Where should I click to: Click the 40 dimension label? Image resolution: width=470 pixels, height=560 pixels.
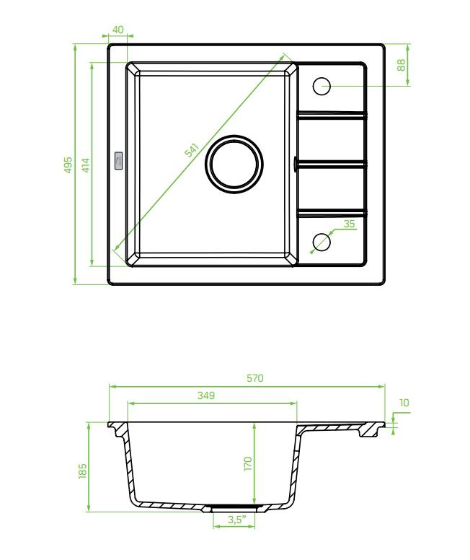pyautogui.click(x=117, y=29)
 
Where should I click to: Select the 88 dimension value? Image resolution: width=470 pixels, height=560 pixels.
pyautogui.click(x=402, y=65)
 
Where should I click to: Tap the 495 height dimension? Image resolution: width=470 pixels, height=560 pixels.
pyautogui.click(x=68, y=165)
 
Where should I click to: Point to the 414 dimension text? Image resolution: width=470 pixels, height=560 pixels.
pyautogui.click(x=86, y=165)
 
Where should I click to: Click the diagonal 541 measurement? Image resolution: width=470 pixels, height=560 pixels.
pyautogui.click(x=191, y=150)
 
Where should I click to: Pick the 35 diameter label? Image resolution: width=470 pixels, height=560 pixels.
pyautogui.click(x=349, y=224)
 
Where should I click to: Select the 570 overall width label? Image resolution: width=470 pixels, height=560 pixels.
pyautogui.click(x=254, y=378)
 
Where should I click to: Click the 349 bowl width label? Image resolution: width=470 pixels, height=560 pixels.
pyautogui.click(x=206, y=395)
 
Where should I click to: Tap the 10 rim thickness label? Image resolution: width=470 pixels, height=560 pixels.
pyautogui.click(x=404, y=403)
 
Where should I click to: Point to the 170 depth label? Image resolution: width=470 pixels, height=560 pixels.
pyautogui.click(x=248, y=463)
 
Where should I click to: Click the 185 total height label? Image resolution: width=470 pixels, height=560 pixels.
pyautogui.click(x=82, y=471)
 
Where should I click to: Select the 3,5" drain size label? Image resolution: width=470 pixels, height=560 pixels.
pyautogui.click(x=237, y=520)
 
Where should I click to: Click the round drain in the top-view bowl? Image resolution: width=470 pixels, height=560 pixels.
pyautogui.click(x=234, y=165)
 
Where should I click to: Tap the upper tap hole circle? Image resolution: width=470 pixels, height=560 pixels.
pyautogui.click(x=322, y=86)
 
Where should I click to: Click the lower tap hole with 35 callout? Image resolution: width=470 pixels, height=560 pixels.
pyautogui.click(x=322, y=242)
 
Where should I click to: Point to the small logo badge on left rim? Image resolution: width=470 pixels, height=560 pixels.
pyautogui.click(x=117, y=161)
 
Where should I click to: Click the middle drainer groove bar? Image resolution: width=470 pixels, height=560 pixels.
pyautogui.click(x=330, y=164)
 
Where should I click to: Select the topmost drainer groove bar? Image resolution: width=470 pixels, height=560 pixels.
pyautogui.click(x=332, y=114)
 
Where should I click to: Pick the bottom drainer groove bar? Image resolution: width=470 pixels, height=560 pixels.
pyautogui.click(x=332, y=214)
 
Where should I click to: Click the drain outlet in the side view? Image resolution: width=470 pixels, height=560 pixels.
pyautogui.click(x=234, y=508)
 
